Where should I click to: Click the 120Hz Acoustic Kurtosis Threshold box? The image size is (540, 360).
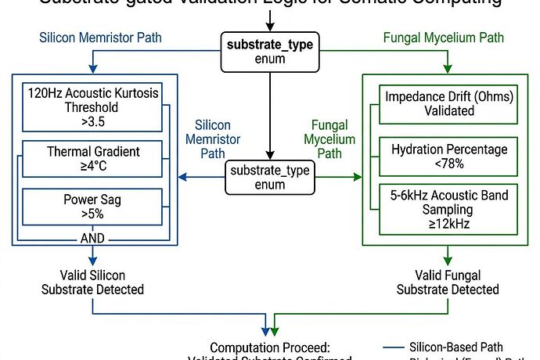pos(93,106)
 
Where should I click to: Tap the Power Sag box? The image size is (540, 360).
pos(93,207)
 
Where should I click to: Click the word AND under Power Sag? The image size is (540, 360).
pos(93,238)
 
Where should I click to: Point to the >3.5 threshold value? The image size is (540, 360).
pos(93,122)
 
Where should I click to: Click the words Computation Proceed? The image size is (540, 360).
pos(269,347)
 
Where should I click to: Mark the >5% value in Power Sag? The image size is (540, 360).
pos(93,214)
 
